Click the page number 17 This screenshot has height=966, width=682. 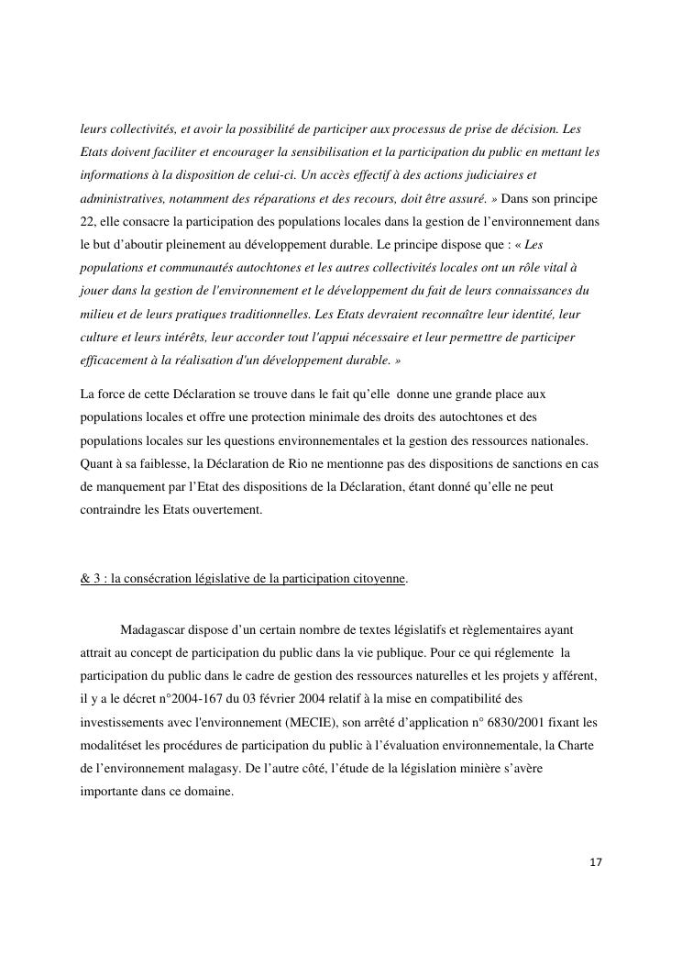(596, 862)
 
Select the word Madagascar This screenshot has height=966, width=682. (154, 630)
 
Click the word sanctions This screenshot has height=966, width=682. (537, 464)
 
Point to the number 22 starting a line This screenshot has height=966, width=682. (88, 220)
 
